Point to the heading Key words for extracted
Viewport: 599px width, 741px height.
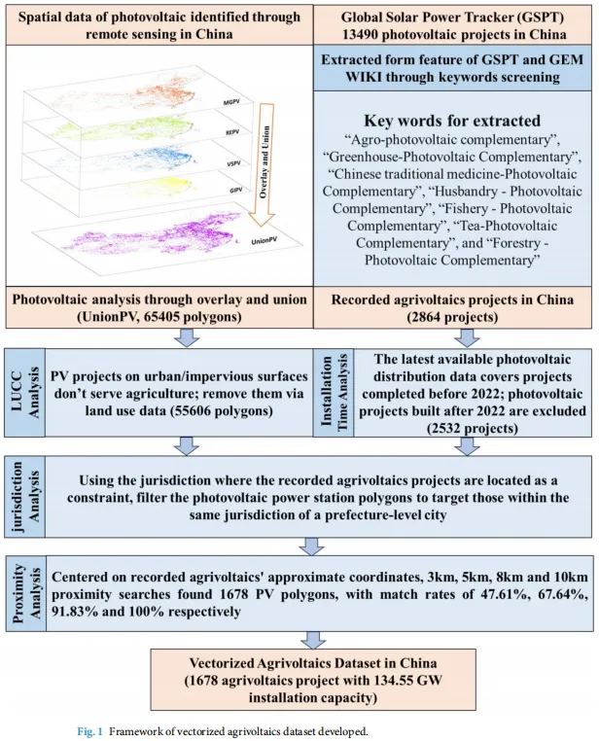click(449, 121)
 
